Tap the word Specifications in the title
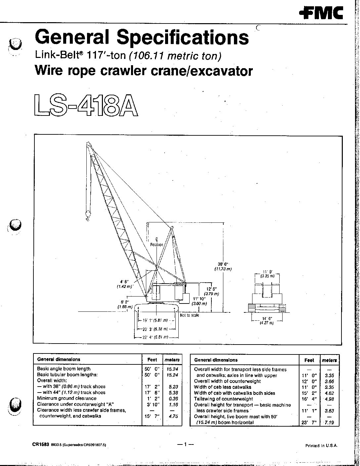click(183, 37)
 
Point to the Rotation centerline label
click(157, 245)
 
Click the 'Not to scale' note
click(189, 315)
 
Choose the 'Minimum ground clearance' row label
click(67, 398)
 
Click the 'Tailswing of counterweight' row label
click(223, 399)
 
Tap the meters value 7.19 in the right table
click(329, 423)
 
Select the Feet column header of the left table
click(152, 359)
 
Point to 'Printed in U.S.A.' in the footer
click(321, 445)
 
